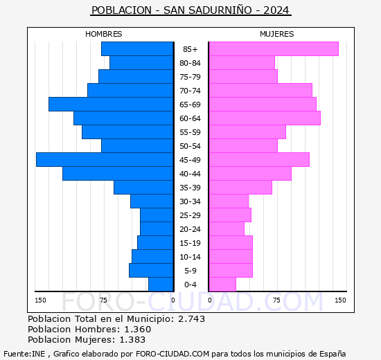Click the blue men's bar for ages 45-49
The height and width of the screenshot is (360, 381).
[x=105, y=160]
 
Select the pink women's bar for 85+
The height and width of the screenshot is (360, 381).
[x=274, y=49]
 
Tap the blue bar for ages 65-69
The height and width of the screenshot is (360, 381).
[x=111, y=105]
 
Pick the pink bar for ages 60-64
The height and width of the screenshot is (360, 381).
[x=265, y=118]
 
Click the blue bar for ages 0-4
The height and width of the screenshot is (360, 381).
[x=161, y=285]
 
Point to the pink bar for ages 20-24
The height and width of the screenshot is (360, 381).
[x=227, y=229]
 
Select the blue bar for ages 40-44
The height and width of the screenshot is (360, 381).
[x=118, y=174]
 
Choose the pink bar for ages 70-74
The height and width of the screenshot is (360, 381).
[x=260, y=91]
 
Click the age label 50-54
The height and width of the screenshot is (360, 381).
[x=190, y=146]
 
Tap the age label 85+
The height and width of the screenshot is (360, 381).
[x=190, y=49]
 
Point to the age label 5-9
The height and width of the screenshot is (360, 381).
[x=190, y=271]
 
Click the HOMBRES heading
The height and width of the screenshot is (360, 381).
[x=104, y=34]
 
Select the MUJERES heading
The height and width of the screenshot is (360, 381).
[x=277, y=34]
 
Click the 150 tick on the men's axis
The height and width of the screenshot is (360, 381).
[x=40, y=300]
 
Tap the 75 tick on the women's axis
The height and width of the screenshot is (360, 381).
[x=276, y=300]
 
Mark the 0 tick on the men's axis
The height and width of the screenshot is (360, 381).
[x=172, y=300]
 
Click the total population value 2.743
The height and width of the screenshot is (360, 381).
[x=192, y=318]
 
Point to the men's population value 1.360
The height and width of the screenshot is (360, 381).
[x=138, y=329]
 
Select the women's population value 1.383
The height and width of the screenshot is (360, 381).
[x=132, y=340]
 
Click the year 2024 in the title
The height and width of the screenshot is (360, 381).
[x=276, y=10]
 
